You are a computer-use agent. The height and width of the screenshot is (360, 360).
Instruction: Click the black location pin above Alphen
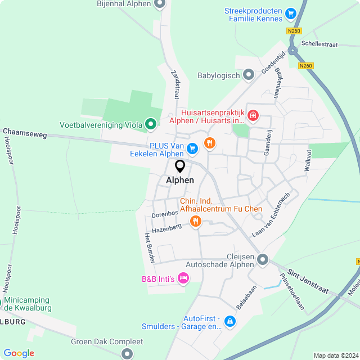point(180,166)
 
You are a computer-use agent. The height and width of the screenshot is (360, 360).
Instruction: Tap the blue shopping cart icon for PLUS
point(192,148)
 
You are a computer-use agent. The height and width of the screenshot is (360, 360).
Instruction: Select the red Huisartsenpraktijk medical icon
point(253,116)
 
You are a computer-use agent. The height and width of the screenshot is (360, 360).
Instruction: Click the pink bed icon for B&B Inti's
point(182,278)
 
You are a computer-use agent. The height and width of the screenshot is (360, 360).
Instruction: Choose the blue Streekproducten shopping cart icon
point(290,13)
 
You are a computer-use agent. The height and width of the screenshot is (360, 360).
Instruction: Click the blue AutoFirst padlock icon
point(229,321)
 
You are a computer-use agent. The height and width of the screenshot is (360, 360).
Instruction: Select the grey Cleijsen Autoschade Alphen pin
point(262,260)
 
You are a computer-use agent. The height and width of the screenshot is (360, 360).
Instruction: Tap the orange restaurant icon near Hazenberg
point(196,221)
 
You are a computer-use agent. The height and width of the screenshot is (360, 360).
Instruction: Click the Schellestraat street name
point(319,43)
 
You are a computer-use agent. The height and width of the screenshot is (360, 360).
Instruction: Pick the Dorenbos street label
point(165,214)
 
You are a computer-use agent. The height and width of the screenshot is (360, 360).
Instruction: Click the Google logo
point(19,353)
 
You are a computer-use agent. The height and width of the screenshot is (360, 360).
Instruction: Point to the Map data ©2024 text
point(335,355)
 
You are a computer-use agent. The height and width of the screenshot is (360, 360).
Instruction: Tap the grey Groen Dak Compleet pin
point(127,353)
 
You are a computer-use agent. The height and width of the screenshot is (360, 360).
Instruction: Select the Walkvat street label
point(308,160)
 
